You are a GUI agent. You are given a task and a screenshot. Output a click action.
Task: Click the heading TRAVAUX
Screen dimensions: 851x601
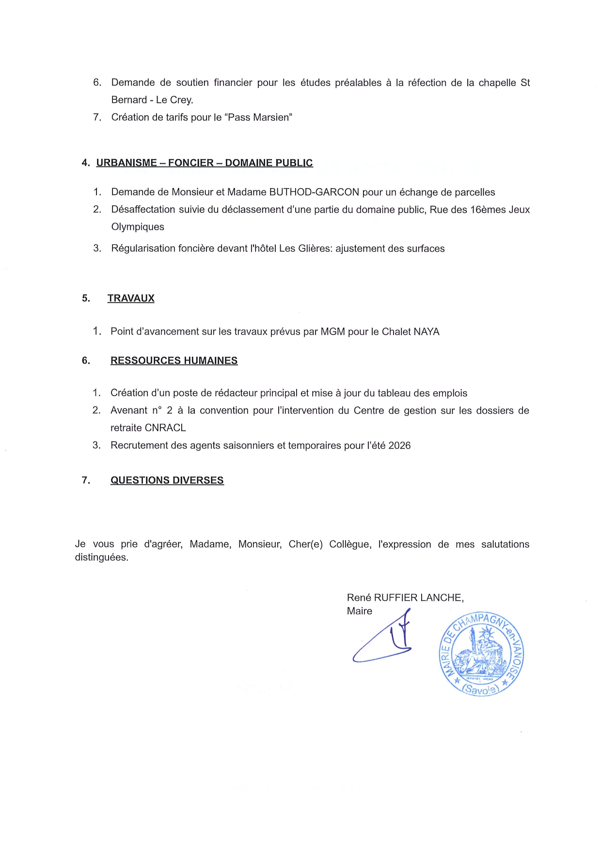[x=131, y=298]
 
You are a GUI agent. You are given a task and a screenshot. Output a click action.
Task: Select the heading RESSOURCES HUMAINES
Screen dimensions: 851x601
[x=174, y=360]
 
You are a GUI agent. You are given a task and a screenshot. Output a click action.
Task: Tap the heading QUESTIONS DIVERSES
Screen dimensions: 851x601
[x=167, y=480]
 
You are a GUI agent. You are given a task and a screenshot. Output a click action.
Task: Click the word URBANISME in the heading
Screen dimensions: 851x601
[x=127, y=163]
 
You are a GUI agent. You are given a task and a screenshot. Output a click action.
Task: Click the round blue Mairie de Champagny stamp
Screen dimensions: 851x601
[x=481, y=654]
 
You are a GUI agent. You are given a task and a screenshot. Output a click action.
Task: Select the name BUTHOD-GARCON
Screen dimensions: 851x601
[x=314, y=192]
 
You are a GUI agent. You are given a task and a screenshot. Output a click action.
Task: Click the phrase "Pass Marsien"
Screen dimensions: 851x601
[x=260, y=117]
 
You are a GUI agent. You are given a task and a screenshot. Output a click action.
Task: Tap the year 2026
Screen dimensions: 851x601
[x=399, y=446]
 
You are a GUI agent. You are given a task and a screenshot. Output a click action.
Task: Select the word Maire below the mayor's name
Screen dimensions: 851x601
[x=359, y=611]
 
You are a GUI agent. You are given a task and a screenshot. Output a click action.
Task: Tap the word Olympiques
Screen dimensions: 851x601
[x=138, y=227]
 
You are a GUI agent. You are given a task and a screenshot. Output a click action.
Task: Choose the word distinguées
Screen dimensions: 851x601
[x=101, y=558]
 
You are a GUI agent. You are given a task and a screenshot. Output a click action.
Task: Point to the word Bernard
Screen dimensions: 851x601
[x=129, y=100]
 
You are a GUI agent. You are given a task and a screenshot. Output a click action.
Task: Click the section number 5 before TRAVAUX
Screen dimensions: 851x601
[x=86, y=298]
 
